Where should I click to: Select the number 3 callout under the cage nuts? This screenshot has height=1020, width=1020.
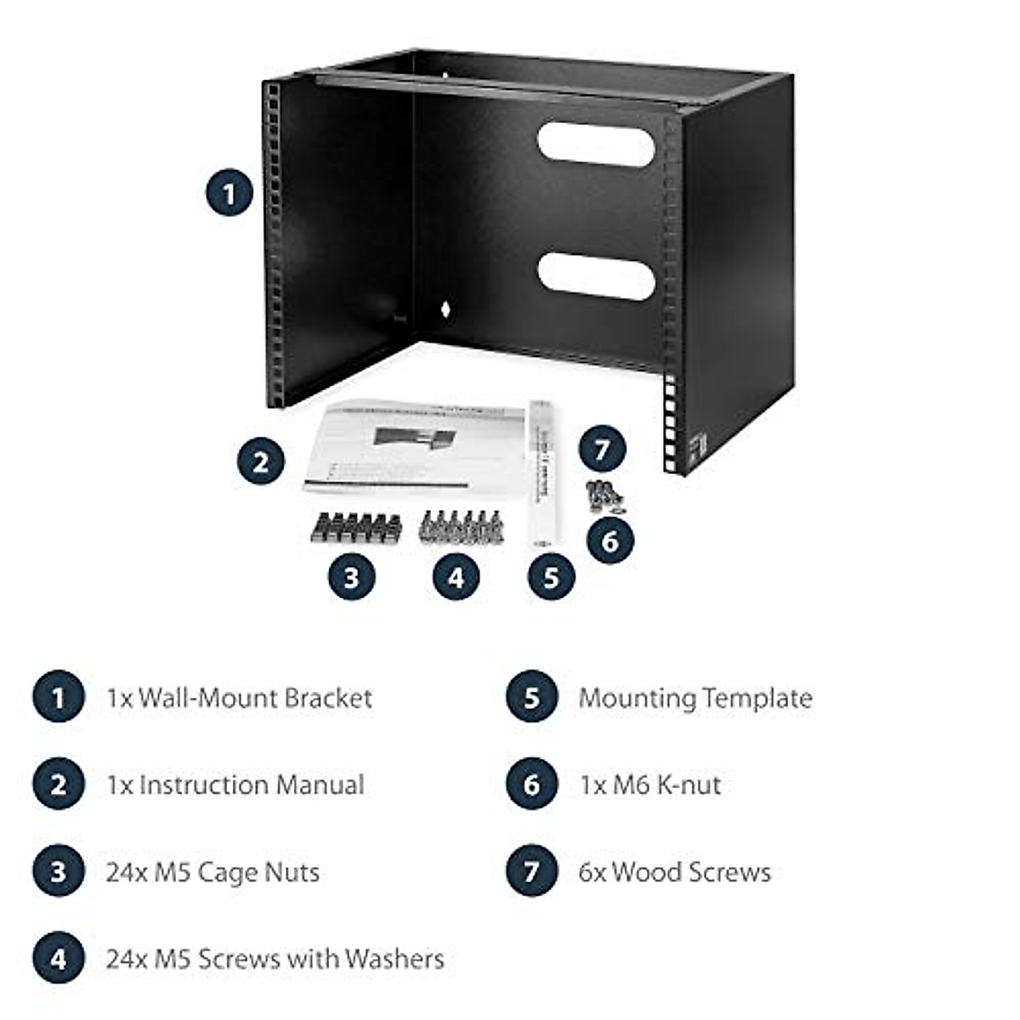[x=351, y=577]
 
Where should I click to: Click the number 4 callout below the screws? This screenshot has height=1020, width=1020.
[x=456, y=577]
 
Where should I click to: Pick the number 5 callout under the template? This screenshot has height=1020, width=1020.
[x=551, y=577]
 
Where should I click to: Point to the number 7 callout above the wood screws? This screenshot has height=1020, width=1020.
[x=602, y=448]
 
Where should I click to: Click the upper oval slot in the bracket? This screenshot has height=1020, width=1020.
[x=596, y=144]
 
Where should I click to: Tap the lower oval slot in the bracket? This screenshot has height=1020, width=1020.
[x=596, y=275]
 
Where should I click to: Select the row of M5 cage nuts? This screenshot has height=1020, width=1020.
[x=355, y=528]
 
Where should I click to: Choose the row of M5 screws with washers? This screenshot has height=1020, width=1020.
[x=462, y=527]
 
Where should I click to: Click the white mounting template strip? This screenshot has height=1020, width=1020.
[x=542, y=472]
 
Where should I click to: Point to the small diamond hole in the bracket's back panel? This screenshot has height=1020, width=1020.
[x=443, y=308]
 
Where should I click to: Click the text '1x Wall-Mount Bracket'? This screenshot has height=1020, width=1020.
[x=239, y=699]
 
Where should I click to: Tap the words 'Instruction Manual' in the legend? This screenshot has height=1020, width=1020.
[x=252, y=785]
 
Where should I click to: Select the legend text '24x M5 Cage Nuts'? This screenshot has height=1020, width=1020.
[x=212, y=872]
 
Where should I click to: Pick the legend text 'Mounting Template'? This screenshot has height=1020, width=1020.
[x=695, y=699]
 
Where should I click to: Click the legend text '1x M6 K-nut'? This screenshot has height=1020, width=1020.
[x=650, y=785]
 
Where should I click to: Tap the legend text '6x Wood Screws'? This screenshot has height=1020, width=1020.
[x=675, y=872]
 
